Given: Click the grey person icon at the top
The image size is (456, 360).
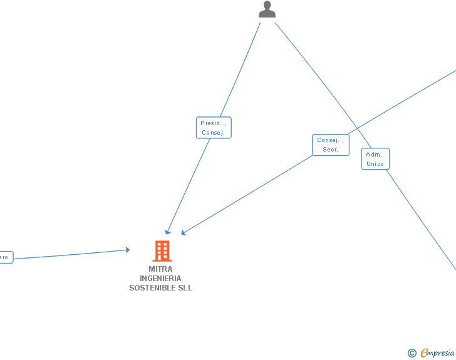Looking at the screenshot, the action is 267,9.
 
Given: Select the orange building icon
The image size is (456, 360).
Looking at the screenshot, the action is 162,251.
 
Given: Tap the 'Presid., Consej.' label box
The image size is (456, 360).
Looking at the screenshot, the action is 214,128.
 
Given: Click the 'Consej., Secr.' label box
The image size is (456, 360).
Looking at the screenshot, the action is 331,145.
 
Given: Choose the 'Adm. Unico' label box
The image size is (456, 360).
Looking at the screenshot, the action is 375,159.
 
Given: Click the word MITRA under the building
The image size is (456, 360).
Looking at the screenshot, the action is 161,269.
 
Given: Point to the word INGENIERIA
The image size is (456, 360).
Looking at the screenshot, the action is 161,279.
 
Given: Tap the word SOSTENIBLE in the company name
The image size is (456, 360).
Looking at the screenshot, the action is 153,288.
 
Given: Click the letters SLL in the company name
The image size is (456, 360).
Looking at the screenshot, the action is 185,288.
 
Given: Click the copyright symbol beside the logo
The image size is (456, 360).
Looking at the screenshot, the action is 412,353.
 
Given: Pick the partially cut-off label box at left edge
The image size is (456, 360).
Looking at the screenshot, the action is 5,257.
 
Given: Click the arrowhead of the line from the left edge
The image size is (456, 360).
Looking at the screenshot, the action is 127,250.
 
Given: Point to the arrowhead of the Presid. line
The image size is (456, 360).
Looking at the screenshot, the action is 167,232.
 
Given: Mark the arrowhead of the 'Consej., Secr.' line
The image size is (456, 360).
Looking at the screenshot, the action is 184,234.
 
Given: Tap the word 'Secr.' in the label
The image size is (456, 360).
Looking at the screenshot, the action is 331,150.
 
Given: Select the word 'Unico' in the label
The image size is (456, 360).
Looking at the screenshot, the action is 375,164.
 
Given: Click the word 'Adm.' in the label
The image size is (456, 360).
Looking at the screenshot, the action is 374,155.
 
